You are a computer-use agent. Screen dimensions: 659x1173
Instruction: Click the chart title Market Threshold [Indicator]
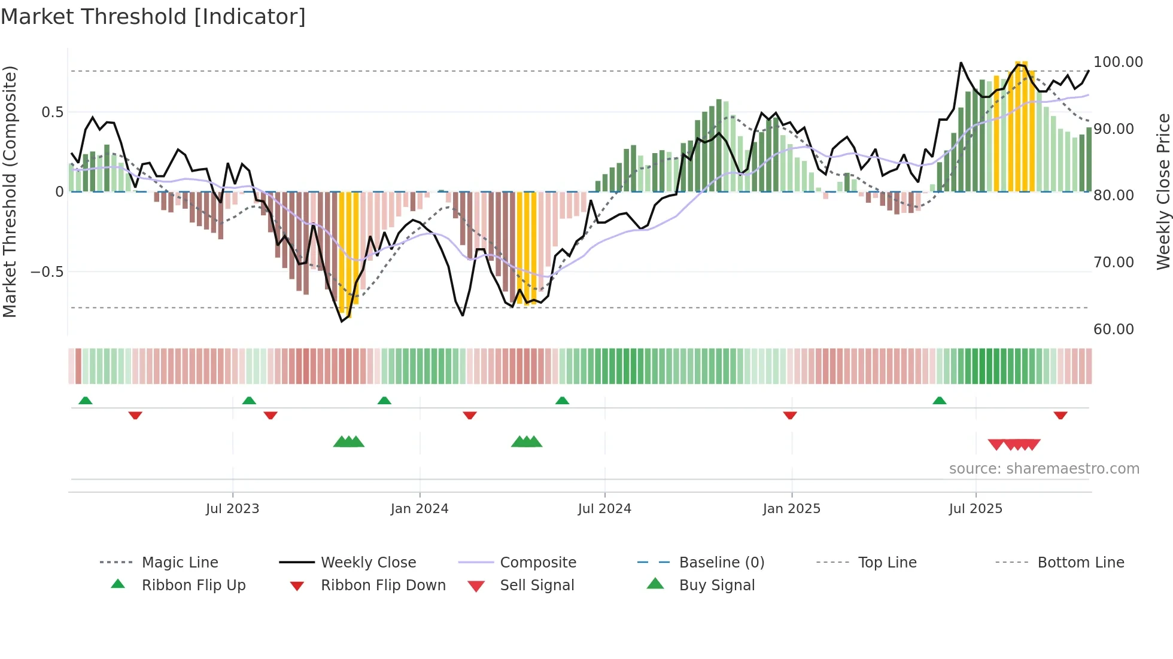pyautogui.click(x=153, y=17)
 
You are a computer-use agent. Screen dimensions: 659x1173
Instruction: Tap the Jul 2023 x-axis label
pyautogui.click(x=232, y=508)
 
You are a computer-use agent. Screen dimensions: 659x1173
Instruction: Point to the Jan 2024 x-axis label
pyautogui.click(x=419, y=508)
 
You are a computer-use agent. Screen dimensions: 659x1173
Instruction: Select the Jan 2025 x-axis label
pyautogui.click(x=791, y=508)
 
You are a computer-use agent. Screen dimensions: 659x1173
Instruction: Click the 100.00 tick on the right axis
pyautogui.click(x=1117, y=62)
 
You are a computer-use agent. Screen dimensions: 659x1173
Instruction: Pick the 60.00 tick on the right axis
pyautogui.click(x=1113, y=329)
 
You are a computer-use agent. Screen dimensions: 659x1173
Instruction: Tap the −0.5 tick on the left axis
pyautogui.click(x=47, y=271)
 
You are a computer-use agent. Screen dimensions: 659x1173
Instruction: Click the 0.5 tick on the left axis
pyautogui.click(x=52, y=112)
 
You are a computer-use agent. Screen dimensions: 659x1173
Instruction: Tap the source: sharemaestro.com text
pyautogui.click(x=1044, y=469)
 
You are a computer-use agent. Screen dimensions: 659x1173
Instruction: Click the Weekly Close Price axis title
pyautogui.click(x=1162, y=191)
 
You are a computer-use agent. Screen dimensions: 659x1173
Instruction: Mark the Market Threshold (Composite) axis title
pyautogui.click(x=10, y=191)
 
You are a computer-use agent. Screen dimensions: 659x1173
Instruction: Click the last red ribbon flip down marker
pyautogui.click(x=1060, y=415)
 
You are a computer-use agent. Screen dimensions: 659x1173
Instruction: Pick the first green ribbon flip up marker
pyautogui.click(x=86, y=401)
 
